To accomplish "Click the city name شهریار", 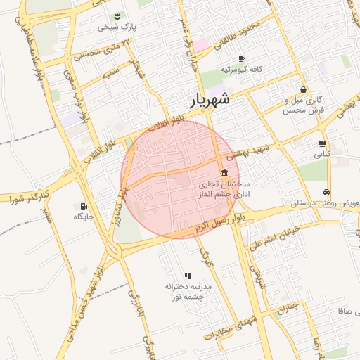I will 210,101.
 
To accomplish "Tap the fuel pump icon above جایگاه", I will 84,206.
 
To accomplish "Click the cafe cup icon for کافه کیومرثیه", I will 242,58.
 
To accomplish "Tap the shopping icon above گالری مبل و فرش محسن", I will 303,89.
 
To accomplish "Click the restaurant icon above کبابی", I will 321,143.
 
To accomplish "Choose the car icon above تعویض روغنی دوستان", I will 327,193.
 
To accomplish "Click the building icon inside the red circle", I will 224,173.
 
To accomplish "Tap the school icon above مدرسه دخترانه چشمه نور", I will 187,276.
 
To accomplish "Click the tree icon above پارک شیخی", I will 116,15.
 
